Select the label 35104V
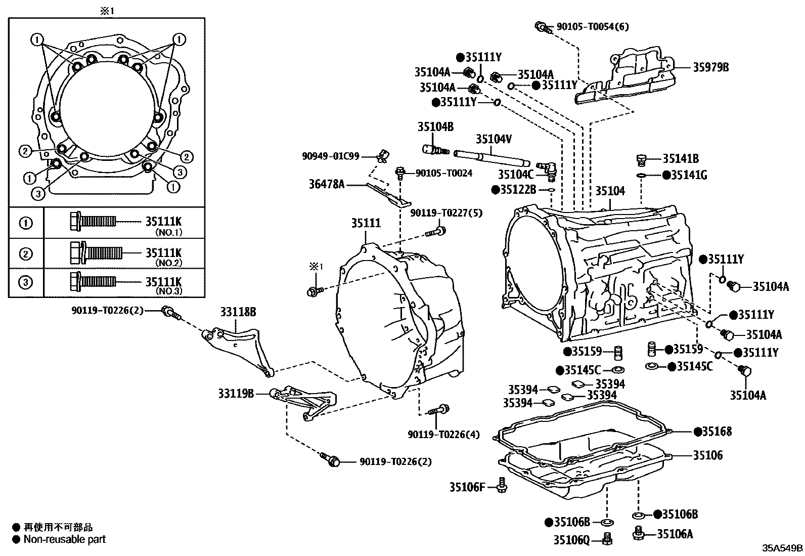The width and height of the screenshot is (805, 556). (x=494, y=139)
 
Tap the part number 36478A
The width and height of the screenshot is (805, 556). (x=327, y=185)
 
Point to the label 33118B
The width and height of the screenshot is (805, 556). (x=238, y=312)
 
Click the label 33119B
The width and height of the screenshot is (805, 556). (x=236, y=393)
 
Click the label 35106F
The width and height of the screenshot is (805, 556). (x=467, y=487)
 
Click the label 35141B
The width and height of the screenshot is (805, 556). (x=681, y=159)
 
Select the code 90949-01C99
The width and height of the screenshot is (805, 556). (x=331, y=156)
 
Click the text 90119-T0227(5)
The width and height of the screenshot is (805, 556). (x=446, y=213)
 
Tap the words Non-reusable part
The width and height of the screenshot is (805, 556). (x=65, y=539)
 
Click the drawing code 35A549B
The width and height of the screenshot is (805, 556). (x=783, y=548)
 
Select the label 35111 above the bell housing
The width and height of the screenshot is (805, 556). (x=367, y=223)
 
